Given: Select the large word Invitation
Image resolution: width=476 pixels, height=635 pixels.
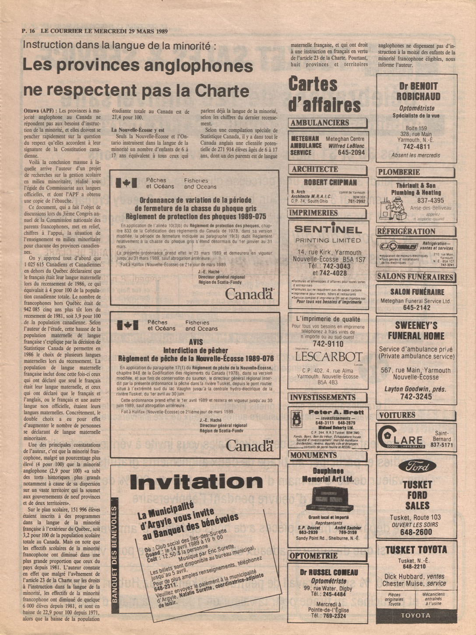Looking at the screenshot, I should tap(196, 482).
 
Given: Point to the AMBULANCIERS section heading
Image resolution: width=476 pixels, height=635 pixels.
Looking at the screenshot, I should tap(320, 123).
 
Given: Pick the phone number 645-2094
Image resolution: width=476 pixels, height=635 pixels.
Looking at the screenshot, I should tap(351, 153).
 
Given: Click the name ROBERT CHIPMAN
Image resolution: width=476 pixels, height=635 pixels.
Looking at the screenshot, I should tap(330, 182).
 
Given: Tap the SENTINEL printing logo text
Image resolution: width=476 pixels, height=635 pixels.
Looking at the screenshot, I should tap(328, 229).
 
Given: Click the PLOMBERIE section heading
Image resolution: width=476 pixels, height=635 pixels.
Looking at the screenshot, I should tap(399, 172).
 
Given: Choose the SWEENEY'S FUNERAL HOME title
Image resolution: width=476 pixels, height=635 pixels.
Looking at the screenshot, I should tap(416, 331).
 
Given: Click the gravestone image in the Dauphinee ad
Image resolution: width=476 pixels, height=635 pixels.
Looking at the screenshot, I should tap(329, 499).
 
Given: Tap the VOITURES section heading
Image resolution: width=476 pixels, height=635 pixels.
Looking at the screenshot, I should tap(397, 415).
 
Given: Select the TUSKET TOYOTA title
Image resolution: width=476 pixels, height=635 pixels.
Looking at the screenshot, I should tap(416, 550).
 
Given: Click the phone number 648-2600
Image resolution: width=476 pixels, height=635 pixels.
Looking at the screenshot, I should tap(416, 532).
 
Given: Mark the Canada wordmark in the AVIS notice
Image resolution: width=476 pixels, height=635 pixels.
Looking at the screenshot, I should tap(250, 446).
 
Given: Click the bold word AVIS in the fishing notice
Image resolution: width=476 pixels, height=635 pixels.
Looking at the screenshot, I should tap(196, 342).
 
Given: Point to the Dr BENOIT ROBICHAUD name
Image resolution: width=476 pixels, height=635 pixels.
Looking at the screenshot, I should tap(418, 91).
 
